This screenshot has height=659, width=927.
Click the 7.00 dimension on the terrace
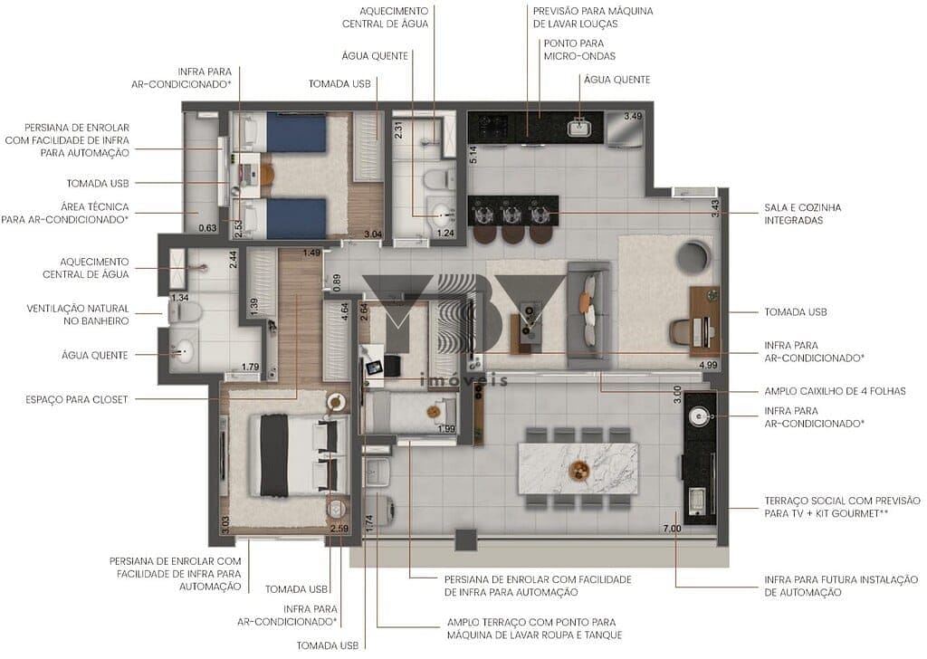(671, 528)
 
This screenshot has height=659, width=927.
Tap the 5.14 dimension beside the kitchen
(472, 154)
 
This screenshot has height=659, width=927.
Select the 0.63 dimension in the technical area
(208, 227)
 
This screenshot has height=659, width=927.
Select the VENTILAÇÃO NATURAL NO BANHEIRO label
(78, 314)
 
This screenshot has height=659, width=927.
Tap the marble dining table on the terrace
(577, 468)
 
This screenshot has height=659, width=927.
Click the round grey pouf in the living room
(694, 257)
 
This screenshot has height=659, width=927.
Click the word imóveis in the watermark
(463, 381)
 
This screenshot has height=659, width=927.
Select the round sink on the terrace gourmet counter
(698, 415)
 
